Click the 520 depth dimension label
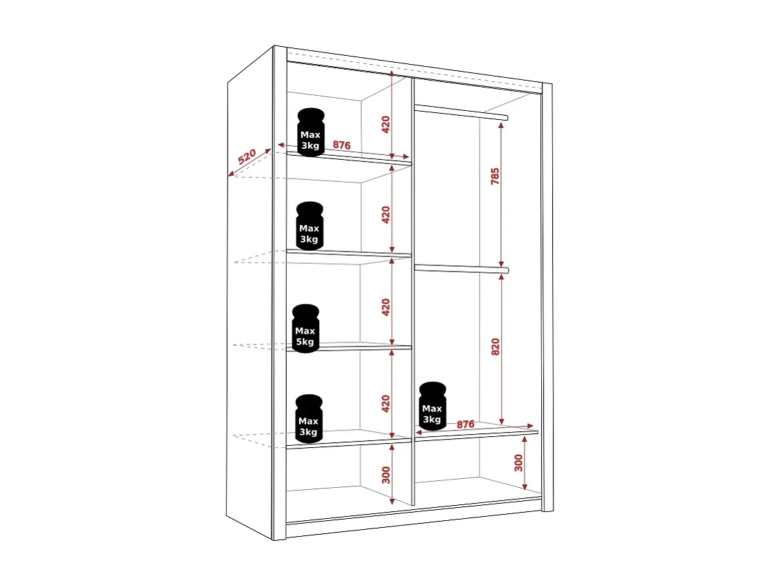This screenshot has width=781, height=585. click(x=247, y=156)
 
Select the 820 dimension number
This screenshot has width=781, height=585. click(x=495, y=347)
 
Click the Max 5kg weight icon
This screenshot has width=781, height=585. click(x=305, y=329)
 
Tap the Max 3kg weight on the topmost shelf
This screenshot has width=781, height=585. click(x=311, y=133)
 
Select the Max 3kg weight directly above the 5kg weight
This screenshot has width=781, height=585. click(x=310, y=226)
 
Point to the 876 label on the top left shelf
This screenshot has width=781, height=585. click(x=342, y=145)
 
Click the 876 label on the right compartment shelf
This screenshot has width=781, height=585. click(x=465, y=424)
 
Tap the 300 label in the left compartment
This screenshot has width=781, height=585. click(x=386, y=474)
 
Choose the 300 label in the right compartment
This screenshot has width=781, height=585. click(x=519, y=463)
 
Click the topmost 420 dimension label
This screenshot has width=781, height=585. click(x=386, y=124)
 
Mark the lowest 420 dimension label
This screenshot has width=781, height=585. click(x=386, y=403)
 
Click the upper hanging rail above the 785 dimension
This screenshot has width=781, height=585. click(x=460, y=112)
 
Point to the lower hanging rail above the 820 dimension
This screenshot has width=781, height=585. click(x=460, y=269)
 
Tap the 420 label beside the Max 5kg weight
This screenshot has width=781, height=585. click(x=386, y=307)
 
